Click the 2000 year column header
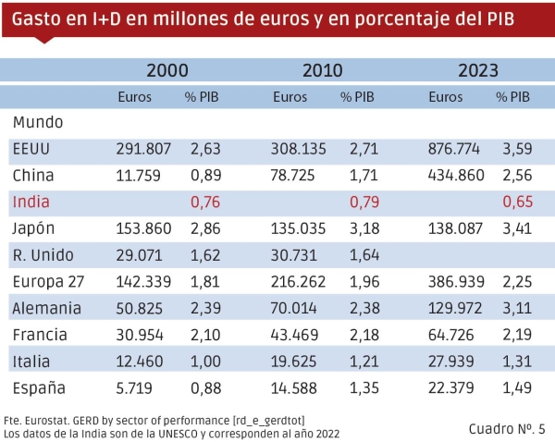point(167,70)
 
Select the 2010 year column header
point(323,70)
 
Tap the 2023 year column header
point(478,70)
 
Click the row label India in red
point(31,202)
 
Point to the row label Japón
point(36,228)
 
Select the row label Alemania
point(47,309)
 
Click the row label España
point(39,388)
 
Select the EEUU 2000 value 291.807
point(143,148)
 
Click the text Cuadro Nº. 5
point(507,427)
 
